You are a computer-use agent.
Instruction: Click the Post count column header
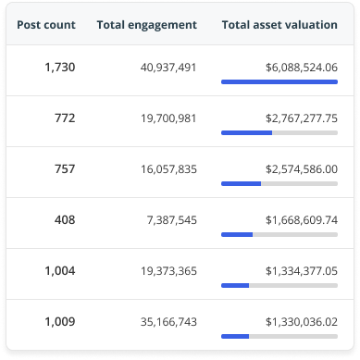tap(46, 24)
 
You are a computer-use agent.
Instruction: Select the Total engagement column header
tap(146, 24)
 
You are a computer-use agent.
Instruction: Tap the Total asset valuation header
tap(279, 24)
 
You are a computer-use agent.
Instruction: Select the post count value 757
tap(65, 169)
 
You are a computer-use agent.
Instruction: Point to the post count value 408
tap(65, 220)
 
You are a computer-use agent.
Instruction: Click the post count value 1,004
tap(59, 270)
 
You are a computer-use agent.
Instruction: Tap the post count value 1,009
tap(59, 321)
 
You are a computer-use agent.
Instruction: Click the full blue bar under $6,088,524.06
tap(279, 82)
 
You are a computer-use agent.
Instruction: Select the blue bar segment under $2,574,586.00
tap(241, 183)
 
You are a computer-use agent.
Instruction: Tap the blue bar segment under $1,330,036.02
tap(235, 335)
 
